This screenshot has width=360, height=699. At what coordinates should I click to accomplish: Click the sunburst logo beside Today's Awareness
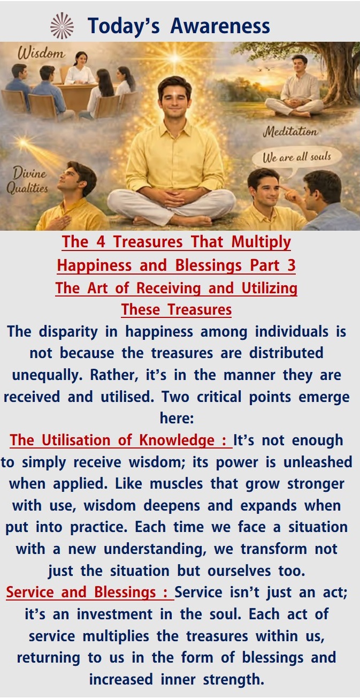coord(62,26)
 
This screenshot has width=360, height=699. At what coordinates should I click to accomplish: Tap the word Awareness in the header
coord(220,26)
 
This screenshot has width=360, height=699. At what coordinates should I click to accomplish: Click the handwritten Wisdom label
coord(42,53)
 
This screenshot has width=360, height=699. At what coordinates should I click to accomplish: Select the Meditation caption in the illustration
coord(290,131)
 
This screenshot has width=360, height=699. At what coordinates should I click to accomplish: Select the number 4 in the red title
coord(101,242)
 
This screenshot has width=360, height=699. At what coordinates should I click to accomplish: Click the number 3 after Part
coord(292,265)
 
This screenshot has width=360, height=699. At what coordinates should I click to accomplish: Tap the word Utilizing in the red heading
coord(269,288)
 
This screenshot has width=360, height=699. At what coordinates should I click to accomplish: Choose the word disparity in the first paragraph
coord(68,331)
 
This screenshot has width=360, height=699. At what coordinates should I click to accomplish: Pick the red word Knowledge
coord(177,440)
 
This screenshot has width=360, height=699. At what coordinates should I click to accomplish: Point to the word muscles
coord(177,484)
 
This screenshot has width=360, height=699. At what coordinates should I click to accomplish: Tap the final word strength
coord(234,679)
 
